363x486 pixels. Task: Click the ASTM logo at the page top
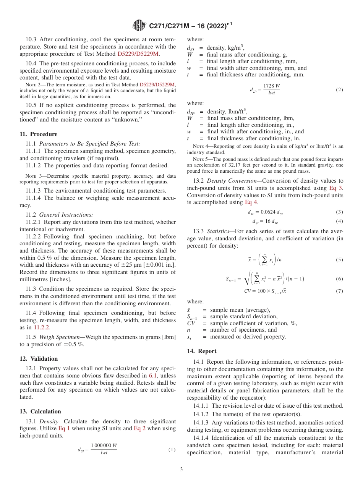(139, 26)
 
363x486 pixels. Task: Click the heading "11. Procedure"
(38, 134)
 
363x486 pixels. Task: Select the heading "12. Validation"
(39, 359)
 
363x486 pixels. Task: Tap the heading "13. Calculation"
(40, 411)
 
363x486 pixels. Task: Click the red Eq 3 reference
(336, 188)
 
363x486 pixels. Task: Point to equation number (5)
(339, 260)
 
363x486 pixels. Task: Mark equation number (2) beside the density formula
(339, 90)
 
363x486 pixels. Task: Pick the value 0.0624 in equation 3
(267, 212)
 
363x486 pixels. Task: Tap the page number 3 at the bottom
(181, 470)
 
